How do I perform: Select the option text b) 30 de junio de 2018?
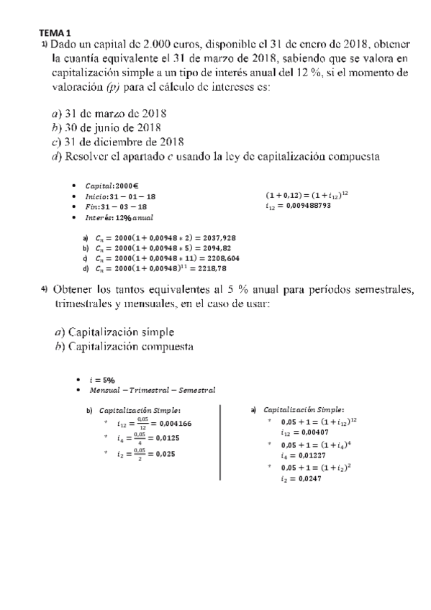106,127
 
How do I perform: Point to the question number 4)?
44,289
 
